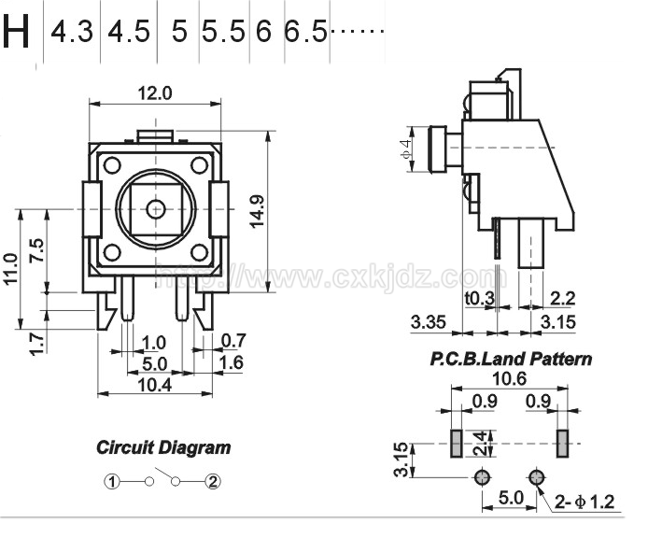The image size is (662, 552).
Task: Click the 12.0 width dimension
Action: pyautogui.click(x=155, y=92)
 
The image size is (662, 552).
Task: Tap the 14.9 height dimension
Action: pyautogui.click(x=257, y=212)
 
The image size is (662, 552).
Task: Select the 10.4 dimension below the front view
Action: pyautogui.click(x=155, y=385)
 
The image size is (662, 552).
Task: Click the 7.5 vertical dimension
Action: pyautogui.click(x=37, y=250)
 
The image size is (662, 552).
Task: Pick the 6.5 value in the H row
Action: pyautogui.click(x=305, y=32)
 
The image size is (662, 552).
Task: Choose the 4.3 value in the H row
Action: pyautogui.click(x=71, y=32)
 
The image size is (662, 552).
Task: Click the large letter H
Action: pyautogui.click(x=17, y=31)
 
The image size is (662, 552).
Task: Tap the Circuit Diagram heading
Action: pyautogui.click(x=163, y=447)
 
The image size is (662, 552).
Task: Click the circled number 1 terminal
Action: pyautogui.click(x=112, y=481)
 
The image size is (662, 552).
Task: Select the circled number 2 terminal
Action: pyautogui.click(x=213, y=481)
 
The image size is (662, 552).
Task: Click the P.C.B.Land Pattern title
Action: pyautogui.click(x=511, y=359)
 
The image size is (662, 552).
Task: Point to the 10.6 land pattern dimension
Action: pyautogui.click(x=509, y=378)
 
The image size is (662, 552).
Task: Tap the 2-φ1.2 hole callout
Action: pyautogui.click(x=585, y=502)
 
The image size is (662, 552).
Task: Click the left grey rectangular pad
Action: pyautogui.click(x=457, y=444)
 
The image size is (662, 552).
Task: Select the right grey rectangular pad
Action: pyautogui.click(x=562, y=444)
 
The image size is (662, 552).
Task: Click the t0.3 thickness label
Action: pyautogui.click(x=480, y=299)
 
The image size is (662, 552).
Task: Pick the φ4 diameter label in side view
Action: pyautogui.click(x=406, y=149)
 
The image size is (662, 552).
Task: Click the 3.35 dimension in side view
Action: pyautogui.click(x=428, y=322)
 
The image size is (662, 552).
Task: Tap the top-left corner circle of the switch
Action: pyautogui.click(x=112, y=165)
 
